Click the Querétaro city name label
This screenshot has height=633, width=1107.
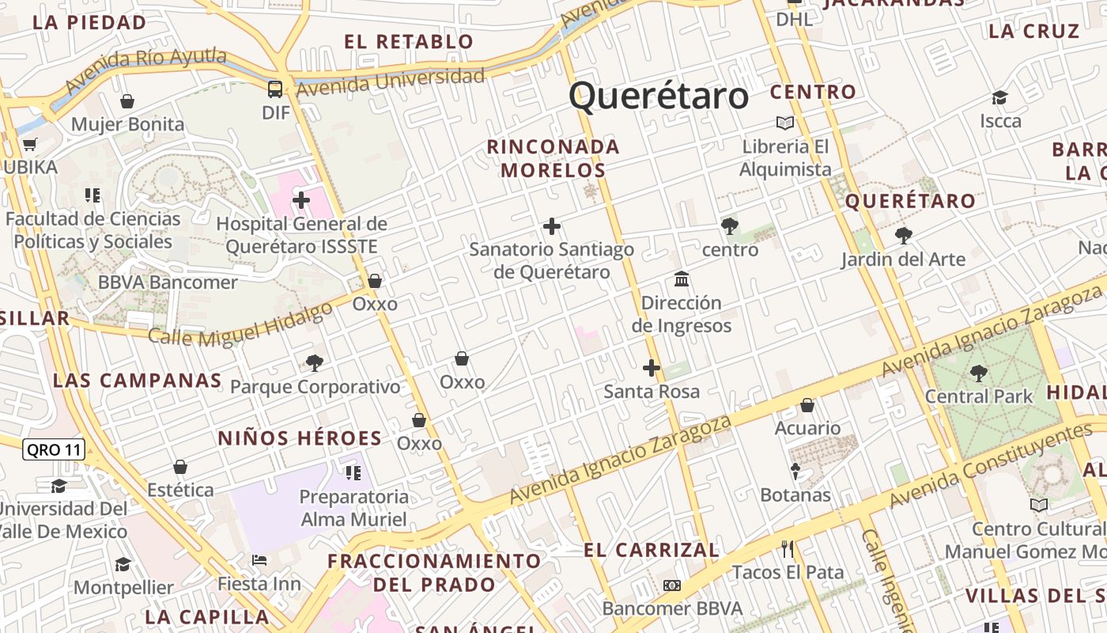point(659,96)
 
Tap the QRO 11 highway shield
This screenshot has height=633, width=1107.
point(53,450)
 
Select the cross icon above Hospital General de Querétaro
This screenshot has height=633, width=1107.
point(301,200)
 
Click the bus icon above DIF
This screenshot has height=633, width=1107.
point(275,89)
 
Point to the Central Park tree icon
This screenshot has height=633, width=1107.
point(979,373)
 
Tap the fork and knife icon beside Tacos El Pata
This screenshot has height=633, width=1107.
point(787,548)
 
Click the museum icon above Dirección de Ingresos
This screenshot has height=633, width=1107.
point(682,279)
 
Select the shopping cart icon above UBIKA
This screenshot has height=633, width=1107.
point(30,144)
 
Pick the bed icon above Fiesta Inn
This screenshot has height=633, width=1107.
point(259,560)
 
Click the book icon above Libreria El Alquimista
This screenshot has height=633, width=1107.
point(785,123)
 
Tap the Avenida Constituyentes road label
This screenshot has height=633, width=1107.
point(991,466)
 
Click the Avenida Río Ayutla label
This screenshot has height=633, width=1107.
point(145,70)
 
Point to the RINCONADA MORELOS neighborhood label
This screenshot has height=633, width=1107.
point(553,158)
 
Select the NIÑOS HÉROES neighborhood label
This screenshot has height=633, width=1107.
point(300,438)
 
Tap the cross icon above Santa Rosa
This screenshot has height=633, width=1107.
point(652,368)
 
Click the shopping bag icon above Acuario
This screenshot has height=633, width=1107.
point(807,405)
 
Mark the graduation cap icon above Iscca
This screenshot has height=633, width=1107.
point(1000,98)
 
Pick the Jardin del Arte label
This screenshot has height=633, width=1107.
point(903,259)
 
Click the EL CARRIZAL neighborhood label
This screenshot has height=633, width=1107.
point(652,550)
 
